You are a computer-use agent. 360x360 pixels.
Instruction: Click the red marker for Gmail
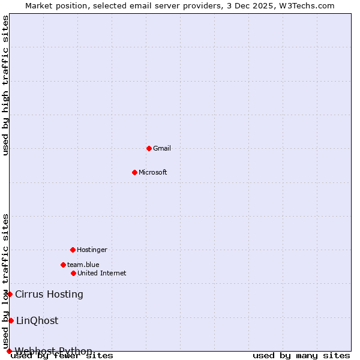(x=149, y=148)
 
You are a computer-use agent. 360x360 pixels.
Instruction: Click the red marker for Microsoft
(x=134, y=172)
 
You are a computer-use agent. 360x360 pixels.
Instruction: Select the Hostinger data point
(x=73, y=250)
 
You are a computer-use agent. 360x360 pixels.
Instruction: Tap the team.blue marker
(x=63, y=265)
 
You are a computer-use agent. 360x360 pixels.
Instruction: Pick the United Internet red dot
(x=73, y=273)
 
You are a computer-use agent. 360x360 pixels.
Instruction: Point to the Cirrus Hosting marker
(x=10, y=294)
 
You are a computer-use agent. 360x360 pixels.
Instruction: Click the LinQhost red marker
(x=11, y=320)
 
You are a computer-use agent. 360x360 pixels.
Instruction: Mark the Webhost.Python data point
(x=9, y=351)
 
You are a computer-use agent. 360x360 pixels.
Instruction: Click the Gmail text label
(x=162, y=148)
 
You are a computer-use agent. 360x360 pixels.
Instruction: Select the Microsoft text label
(x=153, y=172)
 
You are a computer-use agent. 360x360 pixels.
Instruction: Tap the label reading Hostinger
(x=92, y=250)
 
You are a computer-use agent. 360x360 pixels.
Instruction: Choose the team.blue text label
(x=83, y=265)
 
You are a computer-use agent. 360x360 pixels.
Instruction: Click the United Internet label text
(x=102, y=273)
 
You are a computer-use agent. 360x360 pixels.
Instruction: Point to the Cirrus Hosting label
(x=49, y=294)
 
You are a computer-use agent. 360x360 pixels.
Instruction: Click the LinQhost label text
(x=37, y=320)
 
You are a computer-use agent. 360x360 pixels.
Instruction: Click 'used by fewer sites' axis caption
(x=62, y=356)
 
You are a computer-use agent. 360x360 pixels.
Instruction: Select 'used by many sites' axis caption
(x=301, y=356)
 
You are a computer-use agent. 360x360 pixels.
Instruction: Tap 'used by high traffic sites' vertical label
(x=6, y=86)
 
